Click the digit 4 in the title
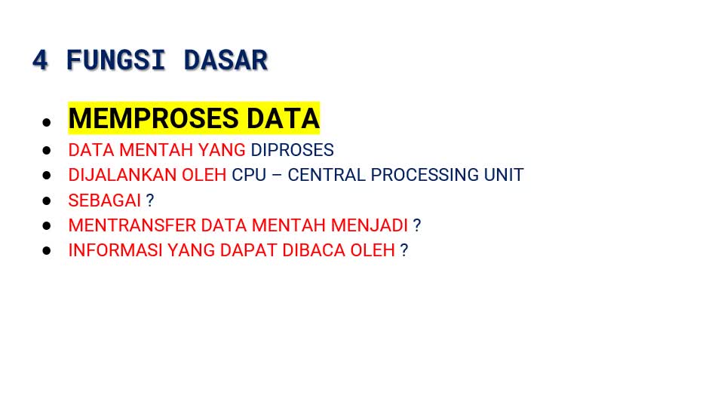(x=40, y=60)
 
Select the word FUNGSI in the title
(x=115, y=60)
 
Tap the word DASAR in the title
(x=225, y=60)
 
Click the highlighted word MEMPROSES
(x=154, y=118)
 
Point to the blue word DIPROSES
(x=292, y=150)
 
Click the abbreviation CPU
(x=249, y=175)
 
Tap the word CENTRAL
(x=327, y=175)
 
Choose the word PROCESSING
(x=425, y=175)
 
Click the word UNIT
(x=504, y=175)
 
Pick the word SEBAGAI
(x=104, y=200)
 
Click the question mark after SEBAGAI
(x=149, y=200)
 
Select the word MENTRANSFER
(x=132, y=225)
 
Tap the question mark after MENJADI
(x=417, y=225)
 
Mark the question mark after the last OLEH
(x=404, y=250)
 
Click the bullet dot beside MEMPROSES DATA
(x=46, y=122)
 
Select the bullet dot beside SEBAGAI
(x=46, y=200)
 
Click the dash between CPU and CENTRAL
(x=277, y=176)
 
